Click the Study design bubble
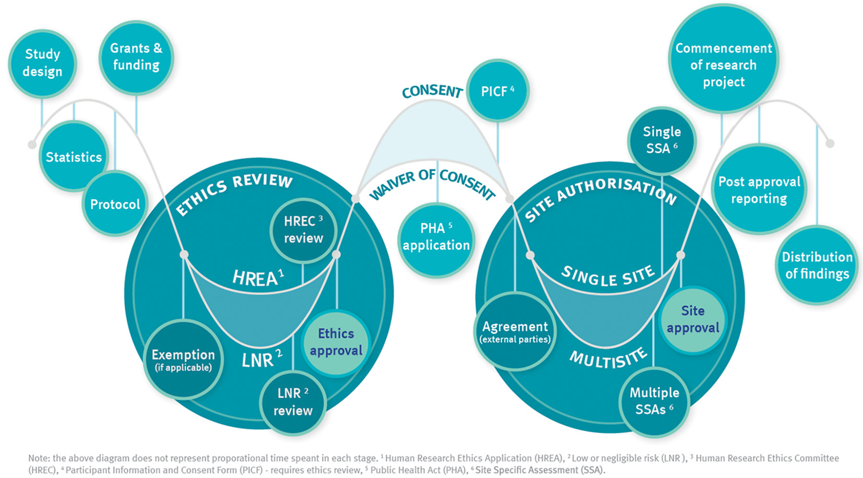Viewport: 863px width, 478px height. tap(42, 63)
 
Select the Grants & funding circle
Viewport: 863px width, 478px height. tap(136, 57)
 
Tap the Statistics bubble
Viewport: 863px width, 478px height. tap(74, 157)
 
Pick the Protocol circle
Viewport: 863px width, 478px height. tap(115, 204)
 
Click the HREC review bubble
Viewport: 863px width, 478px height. tap(303, 230)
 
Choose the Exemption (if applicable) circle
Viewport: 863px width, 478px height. tap(183, 360)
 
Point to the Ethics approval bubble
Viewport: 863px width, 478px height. tap(336, 342)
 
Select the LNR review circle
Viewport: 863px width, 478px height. tap(293, 402)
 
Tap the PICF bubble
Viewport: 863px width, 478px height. tap(497, 91)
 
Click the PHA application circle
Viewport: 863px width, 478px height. tap(436, 237)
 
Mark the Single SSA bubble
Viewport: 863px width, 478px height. tap(662, 140)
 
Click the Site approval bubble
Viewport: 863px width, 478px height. tap(693, 319)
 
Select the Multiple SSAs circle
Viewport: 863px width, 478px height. tap(654, 401)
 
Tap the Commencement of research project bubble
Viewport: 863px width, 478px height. tap(724, 65)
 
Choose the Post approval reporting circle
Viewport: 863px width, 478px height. tap(759, 190)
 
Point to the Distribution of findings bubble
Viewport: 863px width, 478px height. tap(817, 265)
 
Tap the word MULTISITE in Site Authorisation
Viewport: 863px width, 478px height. tap(608, 359)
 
